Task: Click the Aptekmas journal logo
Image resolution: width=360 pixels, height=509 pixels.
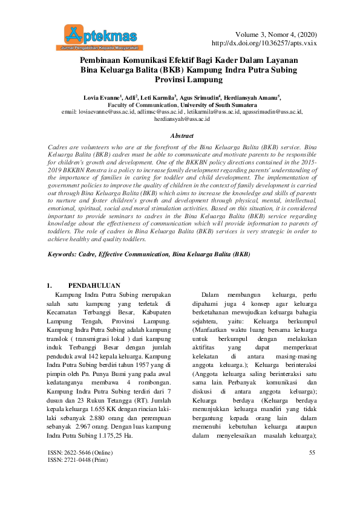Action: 100,36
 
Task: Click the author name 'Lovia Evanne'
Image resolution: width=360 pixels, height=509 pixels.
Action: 101,97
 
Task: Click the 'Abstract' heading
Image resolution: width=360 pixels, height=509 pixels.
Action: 182,136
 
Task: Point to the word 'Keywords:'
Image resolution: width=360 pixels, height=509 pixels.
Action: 62,254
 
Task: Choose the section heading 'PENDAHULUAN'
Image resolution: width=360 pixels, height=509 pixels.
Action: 94,285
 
